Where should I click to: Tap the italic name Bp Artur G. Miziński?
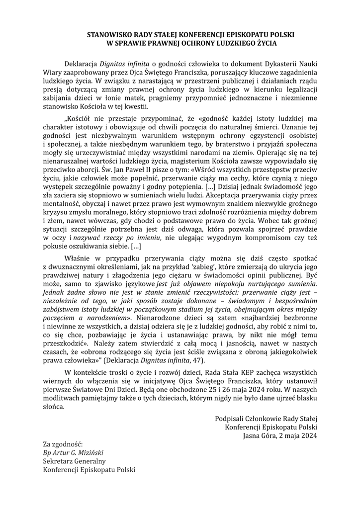point(73,453)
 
